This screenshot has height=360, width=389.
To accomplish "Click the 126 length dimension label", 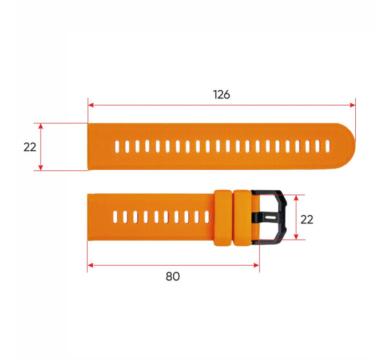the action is point(221,95).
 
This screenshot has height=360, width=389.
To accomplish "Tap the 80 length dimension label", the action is point(173,276).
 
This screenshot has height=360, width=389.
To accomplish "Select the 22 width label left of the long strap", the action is point(30,147).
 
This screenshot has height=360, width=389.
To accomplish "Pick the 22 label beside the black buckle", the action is point(307,219).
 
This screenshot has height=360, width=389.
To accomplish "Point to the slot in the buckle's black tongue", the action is point(270,218).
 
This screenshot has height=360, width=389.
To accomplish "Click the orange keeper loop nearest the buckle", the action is point(243,218).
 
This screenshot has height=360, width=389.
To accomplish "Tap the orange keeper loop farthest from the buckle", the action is point(223,218).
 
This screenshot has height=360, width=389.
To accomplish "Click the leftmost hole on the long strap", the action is point(117,146).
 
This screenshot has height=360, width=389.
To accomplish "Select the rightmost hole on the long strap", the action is point(327,146).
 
